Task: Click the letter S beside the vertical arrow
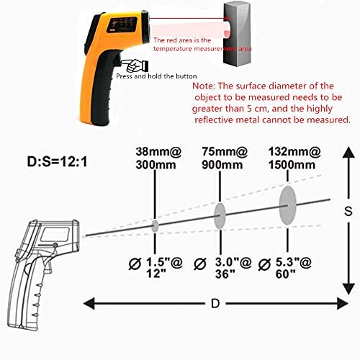[348, 212]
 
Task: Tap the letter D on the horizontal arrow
[215, 304]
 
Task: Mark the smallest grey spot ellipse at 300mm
[155, 225]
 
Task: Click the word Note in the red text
[209, 84]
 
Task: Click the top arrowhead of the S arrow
[348, 150]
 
